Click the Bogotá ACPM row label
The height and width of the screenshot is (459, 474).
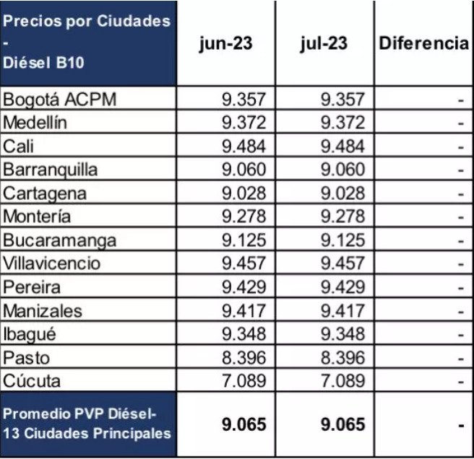(60, 99)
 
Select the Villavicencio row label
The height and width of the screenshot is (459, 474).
(52, 263)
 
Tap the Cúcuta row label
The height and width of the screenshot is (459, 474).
(33, 380)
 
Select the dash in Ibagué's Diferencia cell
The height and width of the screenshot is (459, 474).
(460, 334)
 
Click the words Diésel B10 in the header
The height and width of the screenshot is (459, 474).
(44, 62)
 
